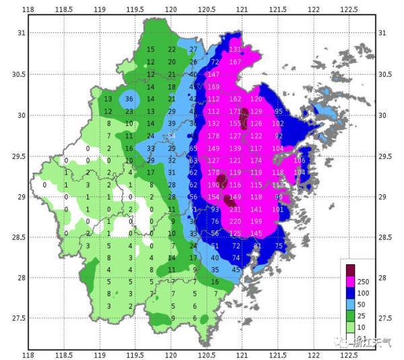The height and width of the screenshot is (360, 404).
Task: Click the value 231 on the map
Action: point(235,209)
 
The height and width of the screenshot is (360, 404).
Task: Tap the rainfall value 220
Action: point(235,221)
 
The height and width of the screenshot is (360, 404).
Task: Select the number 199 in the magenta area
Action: point(256,221)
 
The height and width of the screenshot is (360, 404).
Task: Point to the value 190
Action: point(213,185)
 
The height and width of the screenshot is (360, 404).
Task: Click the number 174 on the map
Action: point(256,160)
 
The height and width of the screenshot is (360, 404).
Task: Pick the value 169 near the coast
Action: point(213,87)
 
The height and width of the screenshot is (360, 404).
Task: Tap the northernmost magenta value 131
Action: point(235,49)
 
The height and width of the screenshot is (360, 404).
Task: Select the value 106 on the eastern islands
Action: point(300,160)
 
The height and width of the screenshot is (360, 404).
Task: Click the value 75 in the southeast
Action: point(279,246)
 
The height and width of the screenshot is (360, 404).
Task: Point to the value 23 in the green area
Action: point(129,111)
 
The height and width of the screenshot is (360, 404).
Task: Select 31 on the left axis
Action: point(21,33)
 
